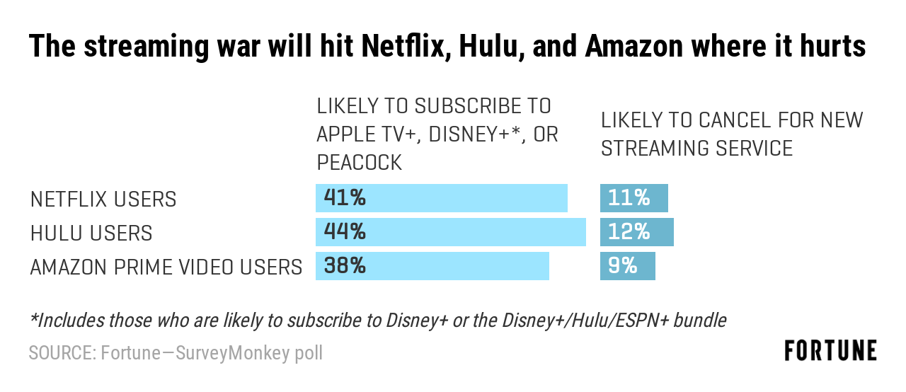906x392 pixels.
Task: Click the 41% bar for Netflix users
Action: pos(442,198)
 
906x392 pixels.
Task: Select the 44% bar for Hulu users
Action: pos(451,232)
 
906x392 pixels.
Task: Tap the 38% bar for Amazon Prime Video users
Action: pos(432,266)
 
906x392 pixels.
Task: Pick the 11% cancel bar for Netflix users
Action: pos(634,198)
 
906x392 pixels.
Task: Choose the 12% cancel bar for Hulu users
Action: pos(637,232)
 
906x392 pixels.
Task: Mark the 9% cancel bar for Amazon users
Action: pos(628,266)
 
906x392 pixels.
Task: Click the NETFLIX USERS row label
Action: pos(103,200)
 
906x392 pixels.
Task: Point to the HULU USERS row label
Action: pos(91,234)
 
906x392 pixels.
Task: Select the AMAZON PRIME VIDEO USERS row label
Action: pos(166,267)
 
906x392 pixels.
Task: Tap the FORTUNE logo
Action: pos(830,350)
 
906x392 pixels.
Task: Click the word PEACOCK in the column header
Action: pos(360,163)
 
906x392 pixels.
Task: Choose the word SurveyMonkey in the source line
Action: pos(228,352)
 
